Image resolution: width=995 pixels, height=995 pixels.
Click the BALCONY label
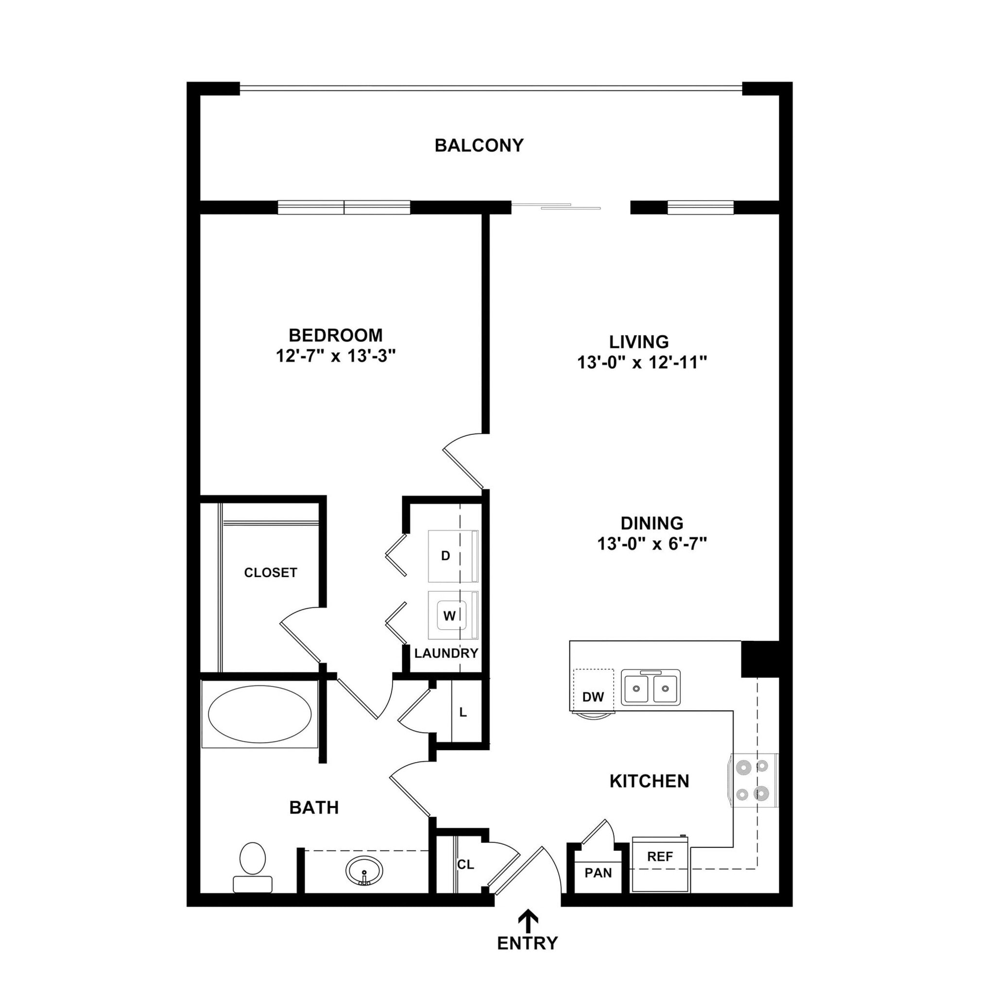tap(479, 145)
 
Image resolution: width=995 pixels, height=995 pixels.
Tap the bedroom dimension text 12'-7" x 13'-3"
tap(335, 356)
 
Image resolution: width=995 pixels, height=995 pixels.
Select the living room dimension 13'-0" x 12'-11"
tap(642, 362)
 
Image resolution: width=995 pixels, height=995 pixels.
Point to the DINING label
tap(652, 523)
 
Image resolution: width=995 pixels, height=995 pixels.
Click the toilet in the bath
tap(252, 867)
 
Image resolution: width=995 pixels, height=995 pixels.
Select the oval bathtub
tap(259, 714)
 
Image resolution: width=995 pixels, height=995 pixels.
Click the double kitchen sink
tap(651, 687)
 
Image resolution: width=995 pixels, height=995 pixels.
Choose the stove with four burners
tap(753, 780)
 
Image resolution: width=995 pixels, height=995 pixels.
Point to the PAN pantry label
tap(598, 873)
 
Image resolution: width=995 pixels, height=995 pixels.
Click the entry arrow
tap(527, 918)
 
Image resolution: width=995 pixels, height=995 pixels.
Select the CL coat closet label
tap(465, 865)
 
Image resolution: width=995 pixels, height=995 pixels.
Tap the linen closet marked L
tap(463, 713)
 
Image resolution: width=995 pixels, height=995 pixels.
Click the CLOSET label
tap(271, 573)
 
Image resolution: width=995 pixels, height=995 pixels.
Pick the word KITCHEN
tap(649, 781)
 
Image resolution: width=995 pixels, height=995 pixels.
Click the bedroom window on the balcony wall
tap(344, 207)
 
